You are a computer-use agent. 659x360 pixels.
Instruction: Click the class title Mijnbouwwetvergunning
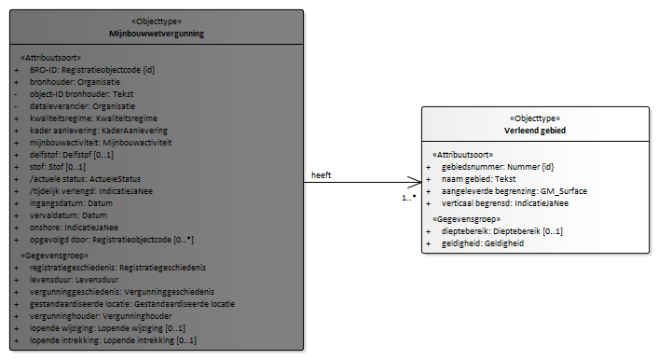[x=157, y=34]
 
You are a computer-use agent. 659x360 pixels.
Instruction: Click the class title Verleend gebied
[x=535, y=131]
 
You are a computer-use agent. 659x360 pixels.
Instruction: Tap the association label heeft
[x=321, y=175]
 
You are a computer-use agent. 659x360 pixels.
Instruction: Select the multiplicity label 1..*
[x=409, y=197]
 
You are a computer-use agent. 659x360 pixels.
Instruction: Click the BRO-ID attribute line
[x=92, y=70]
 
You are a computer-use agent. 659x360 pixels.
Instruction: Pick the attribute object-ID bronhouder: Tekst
[x=81, y=94]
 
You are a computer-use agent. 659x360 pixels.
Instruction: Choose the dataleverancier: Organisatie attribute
[x=82, y=106]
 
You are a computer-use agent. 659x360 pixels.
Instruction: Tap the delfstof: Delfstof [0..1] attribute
[x=72, y=155]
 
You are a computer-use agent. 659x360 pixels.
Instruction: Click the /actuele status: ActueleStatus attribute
[x=86, y=179]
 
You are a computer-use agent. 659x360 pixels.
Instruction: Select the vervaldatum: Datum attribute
[x=68, y=215]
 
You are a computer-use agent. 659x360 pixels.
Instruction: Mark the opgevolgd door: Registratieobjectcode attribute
[x=112, y=240]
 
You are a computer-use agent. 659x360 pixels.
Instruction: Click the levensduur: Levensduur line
[x=75, y=280]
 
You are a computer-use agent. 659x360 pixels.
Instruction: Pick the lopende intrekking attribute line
[x=113, y=340]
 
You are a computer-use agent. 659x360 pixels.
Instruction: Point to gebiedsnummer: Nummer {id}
[x=498, y=167]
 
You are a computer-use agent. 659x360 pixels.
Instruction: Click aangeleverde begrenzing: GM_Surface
[x=515, y=191]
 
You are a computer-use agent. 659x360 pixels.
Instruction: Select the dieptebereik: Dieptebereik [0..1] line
[x=502, y=231]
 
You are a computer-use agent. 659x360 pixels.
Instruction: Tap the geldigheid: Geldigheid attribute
[x=483, y=243]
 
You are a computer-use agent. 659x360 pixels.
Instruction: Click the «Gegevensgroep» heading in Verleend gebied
[x=466, y=219]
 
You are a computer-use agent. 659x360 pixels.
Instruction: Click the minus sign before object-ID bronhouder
[x=16, y=94]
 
